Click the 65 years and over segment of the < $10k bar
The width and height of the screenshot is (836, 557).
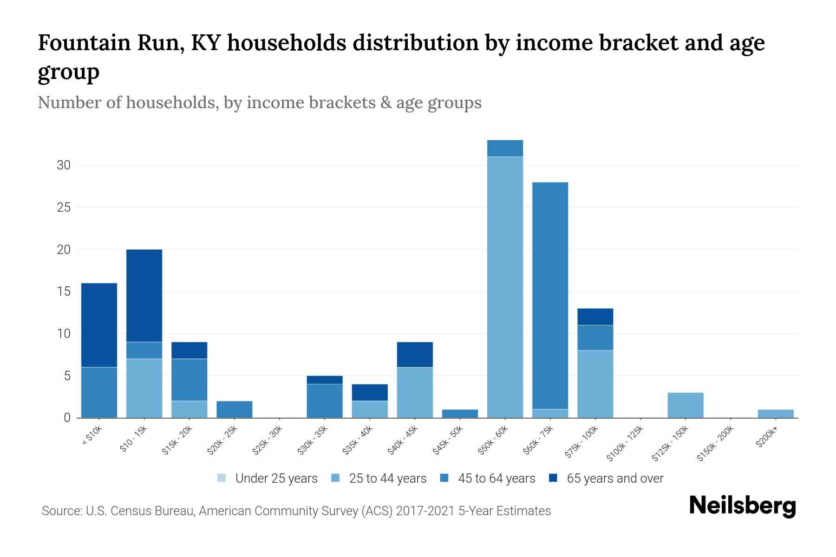coord(99,325)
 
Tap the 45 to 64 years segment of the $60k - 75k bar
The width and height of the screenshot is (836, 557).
coord(550,295)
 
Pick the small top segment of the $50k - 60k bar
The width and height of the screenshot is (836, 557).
coord(505,148)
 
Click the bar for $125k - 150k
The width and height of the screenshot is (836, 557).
coord(685,405)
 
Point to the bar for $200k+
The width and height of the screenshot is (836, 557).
coord(775,414)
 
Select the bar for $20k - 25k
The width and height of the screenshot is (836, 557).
coord(234,409)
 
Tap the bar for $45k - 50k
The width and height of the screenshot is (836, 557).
coord(460,414)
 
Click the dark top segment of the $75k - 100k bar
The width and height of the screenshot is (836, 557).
coord(595,317)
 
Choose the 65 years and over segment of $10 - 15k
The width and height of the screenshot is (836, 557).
coord(144,295)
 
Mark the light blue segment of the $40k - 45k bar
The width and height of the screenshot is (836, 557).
coord(415,392)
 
